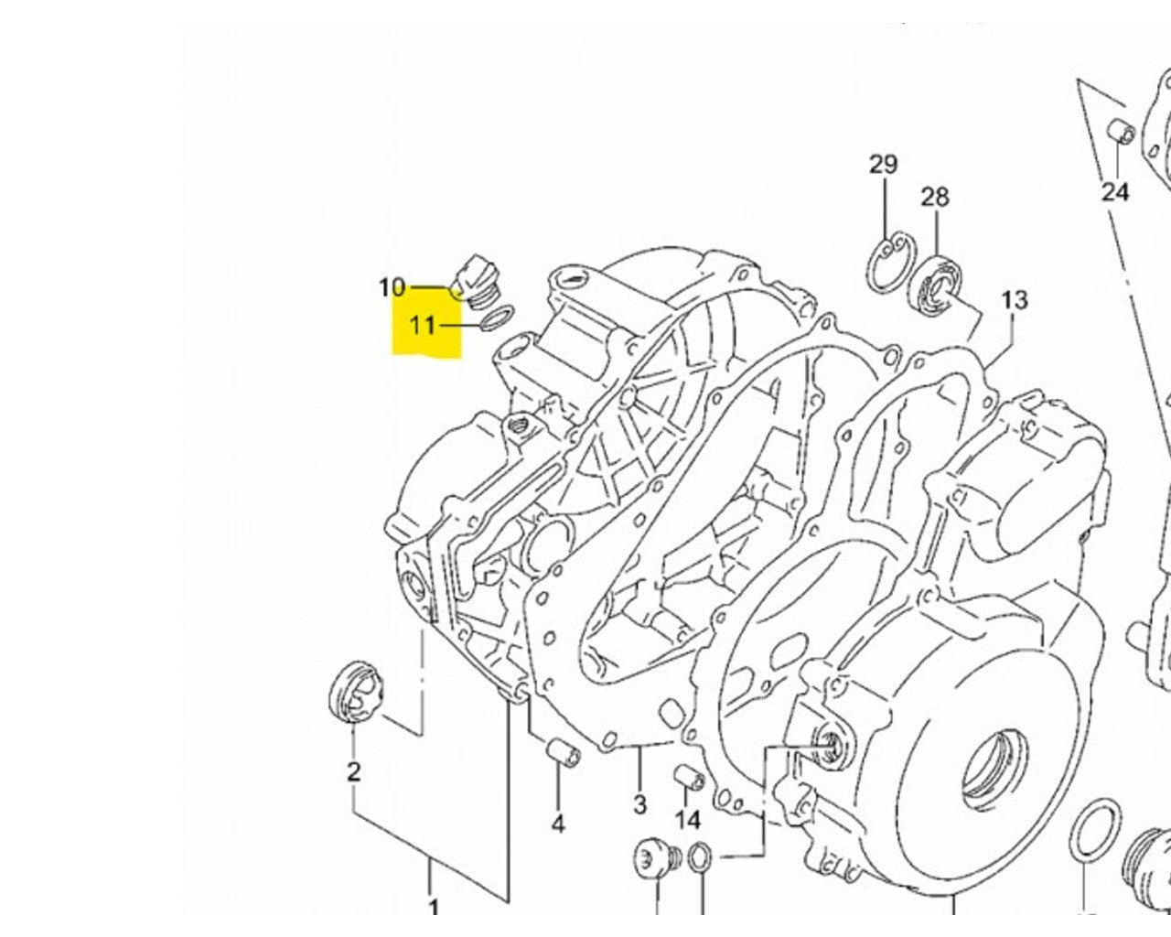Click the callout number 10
coord(392,287)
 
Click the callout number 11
coord(422,324)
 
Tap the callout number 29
coord(883,165)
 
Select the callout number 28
coord(935,197)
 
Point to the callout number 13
coord(1014,299)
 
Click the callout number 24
coord(1115,191)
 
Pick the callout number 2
coord(354,771)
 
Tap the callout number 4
coord(557,824)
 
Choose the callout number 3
coord(639,804)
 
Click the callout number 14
coord(688,819)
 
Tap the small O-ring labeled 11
coord(495,321)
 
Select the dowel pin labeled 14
coord(688,779)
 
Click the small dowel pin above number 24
coord(1122,134)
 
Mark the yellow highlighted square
coord(426,328)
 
